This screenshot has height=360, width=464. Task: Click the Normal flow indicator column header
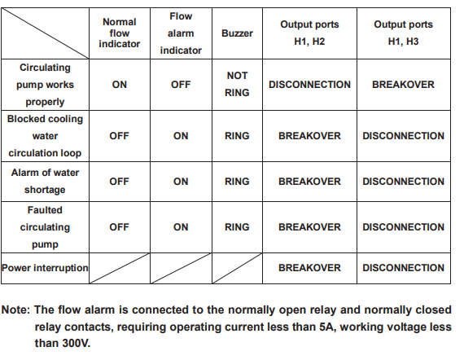click(x=119, y=33)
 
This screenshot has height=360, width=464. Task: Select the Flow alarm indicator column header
click(x=181, y=33)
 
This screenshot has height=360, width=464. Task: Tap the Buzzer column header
click(x=237, y=33)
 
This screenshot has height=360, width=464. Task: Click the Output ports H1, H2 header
click(x=309, y=33)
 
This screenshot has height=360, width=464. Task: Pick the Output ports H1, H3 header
click(x=403, y=33)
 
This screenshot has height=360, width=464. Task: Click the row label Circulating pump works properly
click(x=45, y=85)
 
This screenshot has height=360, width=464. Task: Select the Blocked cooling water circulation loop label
click(x=45, y=136)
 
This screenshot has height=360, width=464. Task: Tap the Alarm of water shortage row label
click(x=45, y=181)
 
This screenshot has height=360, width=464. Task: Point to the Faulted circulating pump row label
click(x=45, y=227)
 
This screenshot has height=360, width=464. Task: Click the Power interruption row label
click(x=45, y=268)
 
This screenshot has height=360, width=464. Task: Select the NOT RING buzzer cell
click(x=237, y=85)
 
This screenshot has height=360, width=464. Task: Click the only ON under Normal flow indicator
click(x=119, y=85)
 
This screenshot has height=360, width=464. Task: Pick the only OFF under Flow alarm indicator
click(x=181, y=85)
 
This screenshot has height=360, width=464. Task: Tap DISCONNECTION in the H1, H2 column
click(x=309, y=85)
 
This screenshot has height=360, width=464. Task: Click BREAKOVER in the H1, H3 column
click(x=403, y=85)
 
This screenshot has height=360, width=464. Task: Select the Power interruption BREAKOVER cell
click(x=309, y=268)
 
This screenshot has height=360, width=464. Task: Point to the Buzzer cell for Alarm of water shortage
click(x=237, y=182)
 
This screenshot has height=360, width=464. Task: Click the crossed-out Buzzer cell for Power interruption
click(x=237, y=268)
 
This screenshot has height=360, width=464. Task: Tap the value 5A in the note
click(x=327, y=327)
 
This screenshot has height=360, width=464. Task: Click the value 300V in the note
click(x=76, y=344)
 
